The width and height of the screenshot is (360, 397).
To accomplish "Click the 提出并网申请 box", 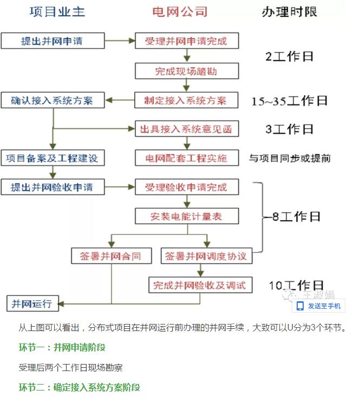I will [53, 41].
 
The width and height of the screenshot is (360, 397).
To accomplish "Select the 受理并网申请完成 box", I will [186, 41].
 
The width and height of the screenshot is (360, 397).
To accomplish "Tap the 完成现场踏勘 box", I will [186, 71].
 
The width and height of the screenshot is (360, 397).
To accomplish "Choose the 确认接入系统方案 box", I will [53, 101].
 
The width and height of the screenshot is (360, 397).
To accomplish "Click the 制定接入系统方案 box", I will [186, 101].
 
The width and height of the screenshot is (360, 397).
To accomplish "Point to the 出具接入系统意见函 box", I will [186, 130].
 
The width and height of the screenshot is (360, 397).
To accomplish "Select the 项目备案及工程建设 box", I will [53, 158].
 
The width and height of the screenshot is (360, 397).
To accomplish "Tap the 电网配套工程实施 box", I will [186, 158].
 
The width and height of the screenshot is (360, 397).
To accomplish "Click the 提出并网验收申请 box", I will [53, 187].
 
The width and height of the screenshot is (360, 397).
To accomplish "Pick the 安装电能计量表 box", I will [186, 217].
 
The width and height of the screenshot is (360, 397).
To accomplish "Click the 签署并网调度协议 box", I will [206, 256].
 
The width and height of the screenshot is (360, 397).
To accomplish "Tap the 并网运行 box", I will [31, 303].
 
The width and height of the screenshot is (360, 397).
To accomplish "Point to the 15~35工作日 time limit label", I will [290, 101].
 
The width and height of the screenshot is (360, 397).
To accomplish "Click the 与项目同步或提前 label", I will [290, 158].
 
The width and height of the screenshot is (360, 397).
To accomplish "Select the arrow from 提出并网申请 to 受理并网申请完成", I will [119, 41].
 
